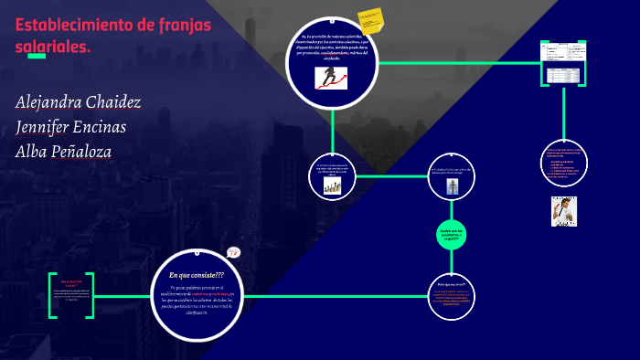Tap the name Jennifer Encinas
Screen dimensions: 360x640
click(70, 127)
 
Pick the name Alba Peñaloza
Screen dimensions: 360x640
click(64, 152)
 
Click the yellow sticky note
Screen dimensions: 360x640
click(369, 20)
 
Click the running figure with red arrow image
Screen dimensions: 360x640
click(331, 78)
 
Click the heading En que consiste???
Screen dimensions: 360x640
click(197, 275)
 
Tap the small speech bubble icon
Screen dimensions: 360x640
click(233, 253)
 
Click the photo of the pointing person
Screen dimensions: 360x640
click(563, 211)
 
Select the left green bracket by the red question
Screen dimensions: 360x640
click(52, 294)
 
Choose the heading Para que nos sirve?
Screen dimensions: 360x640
click(453, 285)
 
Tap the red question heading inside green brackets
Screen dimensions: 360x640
click(72, 284)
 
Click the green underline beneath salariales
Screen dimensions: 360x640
click(37, 57)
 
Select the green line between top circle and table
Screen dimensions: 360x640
click(457, 63)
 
